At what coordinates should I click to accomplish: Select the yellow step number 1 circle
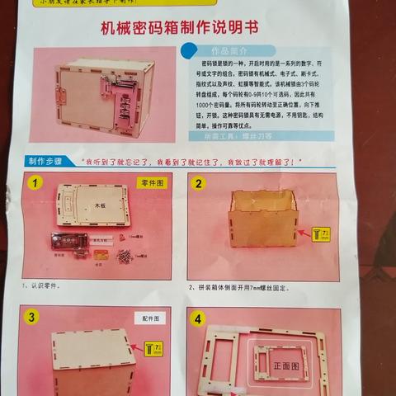click(35, 184)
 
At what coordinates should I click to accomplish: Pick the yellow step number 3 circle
click(31, 318)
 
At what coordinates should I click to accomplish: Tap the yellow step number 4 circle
click(198, 318)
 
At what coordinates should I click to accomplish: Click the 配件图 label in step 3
click(152, 318)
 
